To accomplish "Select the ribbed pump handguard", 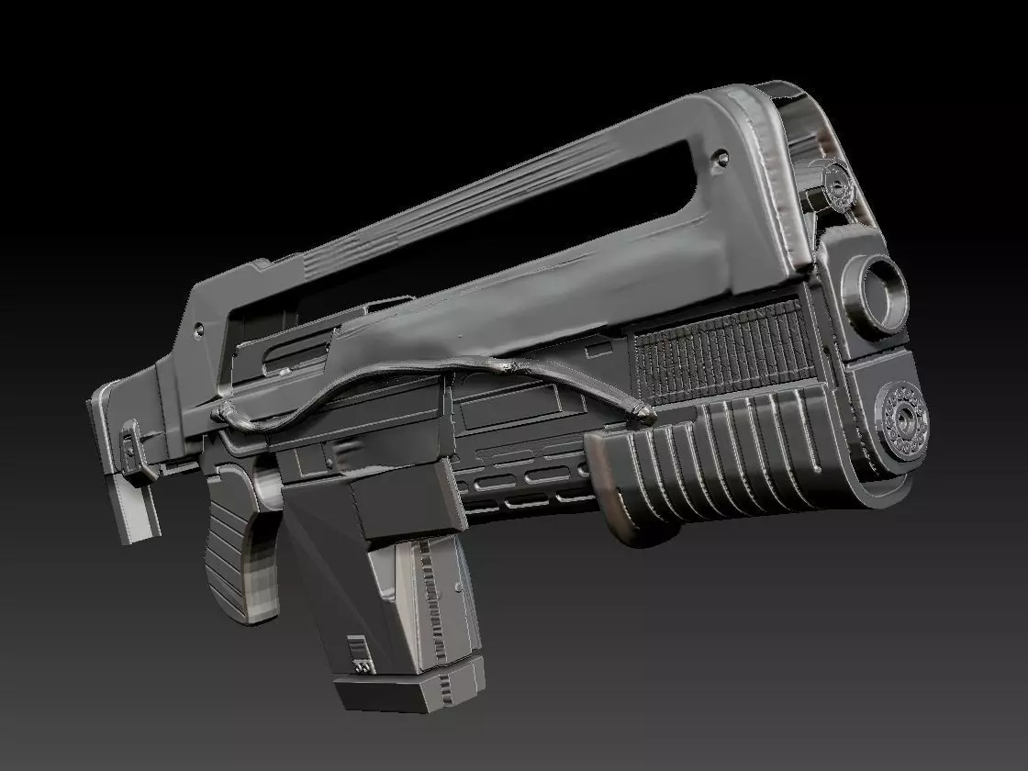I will coord(725,459).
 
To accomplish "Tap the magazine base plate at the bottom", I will coord(404,690).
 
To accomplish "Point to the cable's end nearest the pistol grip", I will coord(220,414).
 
